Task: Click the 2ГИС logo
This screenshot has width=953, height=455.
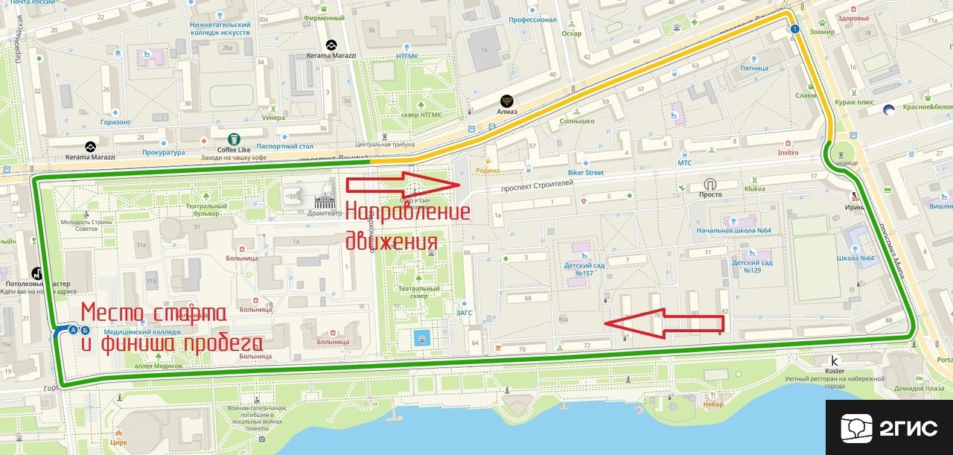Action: (x=889, y=427)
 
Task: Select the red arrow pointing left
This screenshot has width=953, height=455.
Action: (x=663, y=322)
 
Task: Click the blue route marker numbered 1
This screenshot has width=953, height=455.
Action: (x=794, y=29)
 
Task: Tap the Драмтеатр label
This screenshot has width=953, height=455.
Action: (x=324, y=213)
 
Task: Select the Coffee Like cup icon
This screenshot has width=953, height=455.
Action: (x=234, y=139)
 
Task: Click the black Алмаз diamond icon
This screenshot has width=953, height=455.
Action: (x=507, y=101)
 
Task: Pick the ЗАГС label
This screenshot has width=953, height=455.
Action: (x=465, y=314)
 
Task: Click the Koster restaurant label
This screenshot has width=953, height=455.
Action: (x=835, y=370)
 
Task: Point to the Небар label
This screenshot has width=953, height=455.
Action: (x=713, y=404)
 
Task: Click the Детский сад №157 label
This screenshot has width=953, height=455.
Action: (x=583, y=268)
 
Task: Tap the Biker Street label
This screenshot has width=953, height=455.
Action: (x=584, y=173)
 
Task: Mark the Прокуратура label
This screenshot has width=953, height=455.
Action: (x=162, y=153)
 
